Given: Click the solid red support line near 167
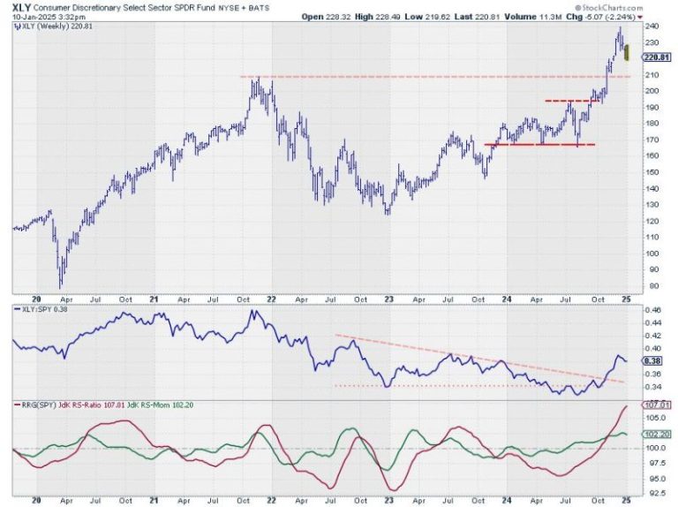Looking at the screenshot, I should (539, 145).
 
